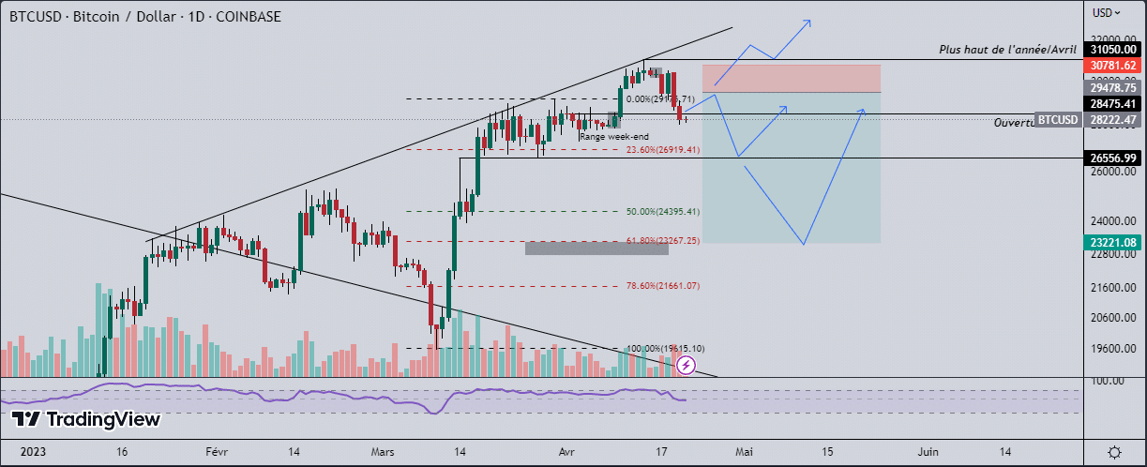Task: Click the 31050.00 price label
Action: tap(1113, 49)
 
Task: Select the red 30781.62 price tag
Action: tap(1113, 66)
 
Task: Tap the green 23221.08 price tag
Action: tap(1113, 242)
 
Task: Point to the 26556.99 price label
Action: tap(1113, 158)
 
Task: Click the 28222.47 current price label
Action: tap(1113, 120)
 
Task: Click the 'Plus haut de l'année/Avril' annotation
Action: tap(1007, 49)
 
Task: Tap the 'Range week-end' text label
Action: tap(613, 137)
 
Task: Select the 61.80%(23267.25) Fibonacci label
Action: tap(663, 241)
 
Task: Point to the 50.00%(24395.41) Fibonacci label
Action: tap(663, 211)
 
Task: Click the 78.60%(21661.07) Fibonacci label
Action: tap(663, 286)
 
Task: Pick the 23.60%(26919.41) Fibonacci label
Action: tap(663, 149)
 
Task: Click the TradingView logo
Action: tap(85, 419)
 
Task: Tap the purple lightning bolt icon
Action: tap(687, 365)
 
